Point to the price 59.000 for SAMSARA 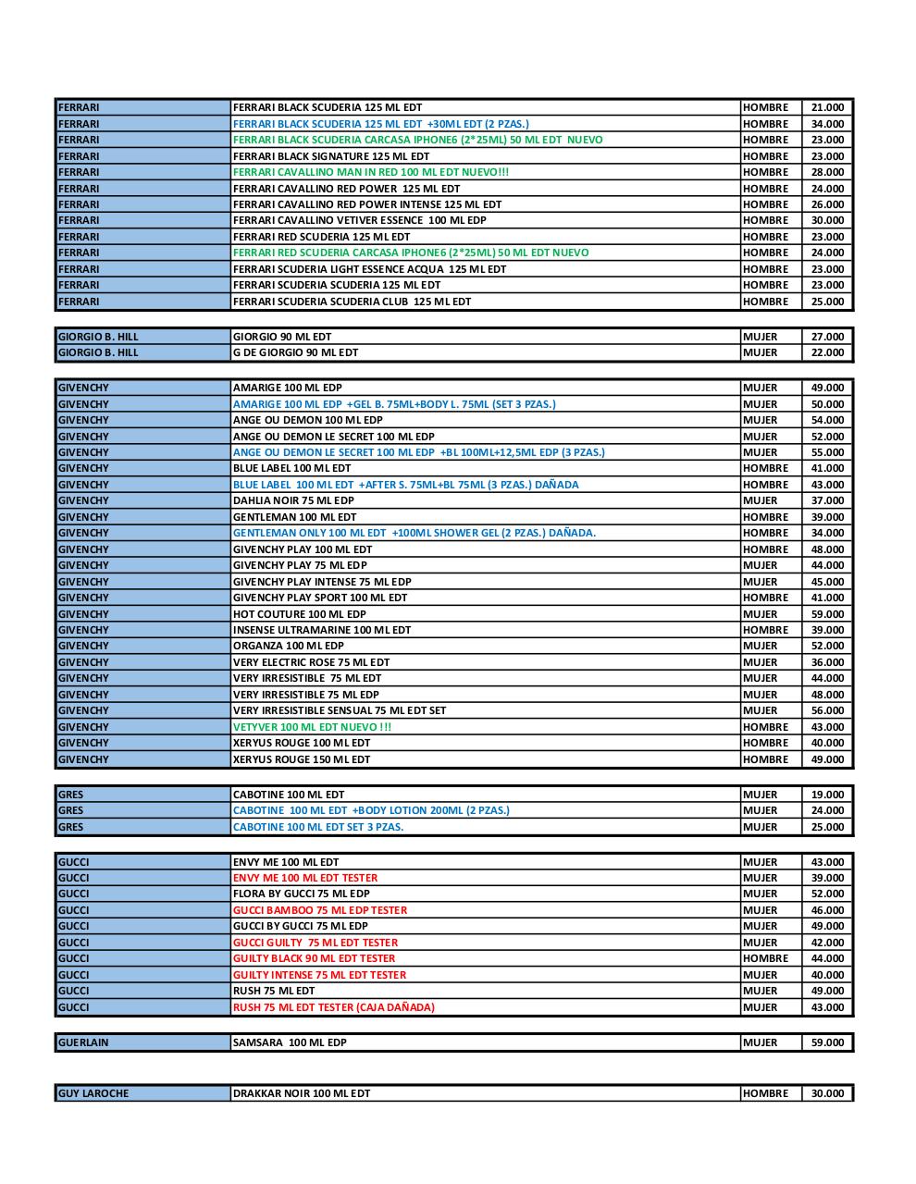827,1042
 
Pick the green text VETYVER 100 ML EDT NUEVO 312,727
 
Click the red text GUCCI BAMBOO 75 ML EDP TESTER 320,910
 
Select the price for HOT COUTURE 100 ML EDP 827,614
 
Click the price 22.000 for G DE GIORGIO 827,352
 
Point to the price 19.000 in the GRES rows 827,795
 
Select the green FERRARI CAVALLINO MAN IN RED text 371,172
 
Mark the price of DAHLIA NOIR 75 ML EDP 827,500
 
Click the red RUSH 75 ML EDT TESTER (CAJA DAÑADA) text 334,1007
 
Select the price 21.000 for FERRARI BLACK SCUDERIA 827,107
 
